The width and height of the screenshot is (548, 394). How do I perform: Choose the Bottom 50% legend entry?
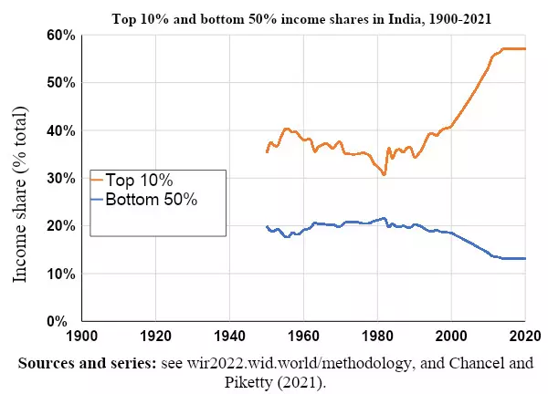click(x=152, y=200)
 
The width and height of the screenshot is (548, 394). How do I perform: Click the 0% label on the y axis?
click(x=64, y=321)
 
